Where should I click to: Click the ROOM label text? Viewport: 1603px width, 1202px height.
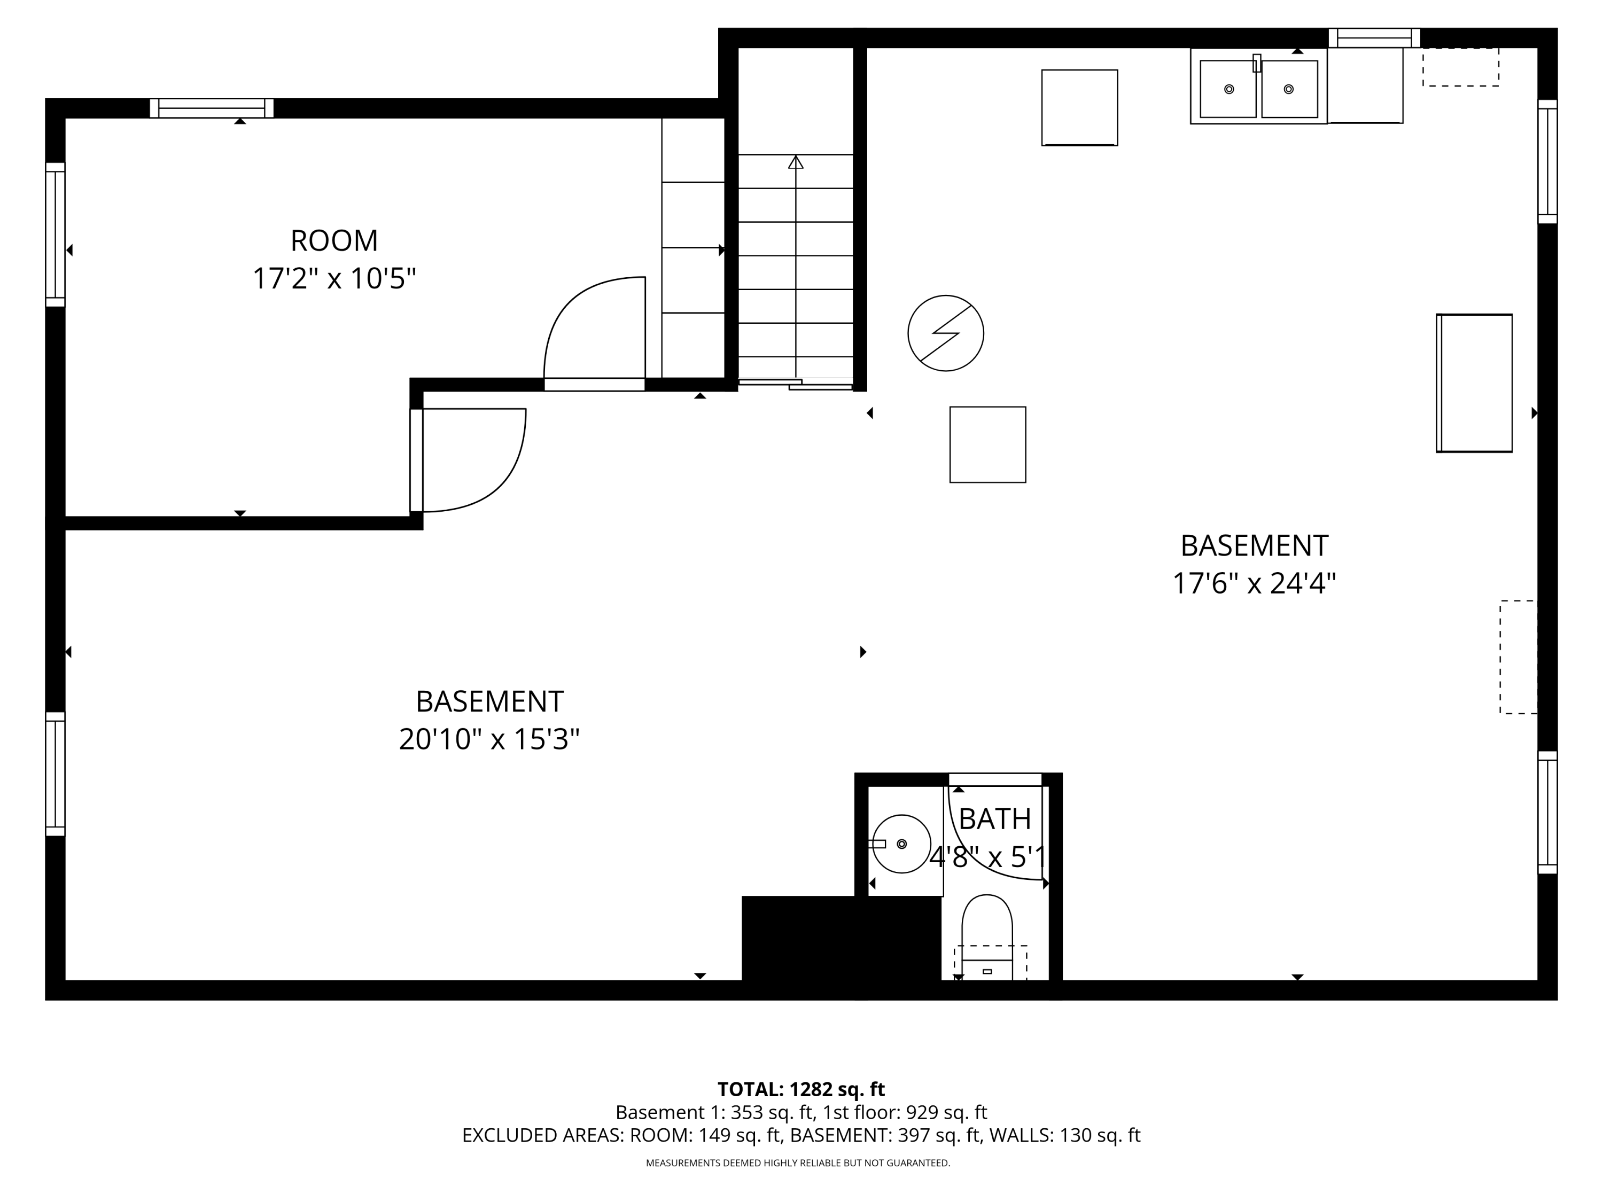334,240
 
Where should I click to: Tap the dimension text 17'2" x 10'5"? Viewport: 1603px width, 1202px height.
334,278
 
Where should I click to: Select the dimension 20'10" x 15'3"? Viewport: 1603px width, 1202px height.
489,739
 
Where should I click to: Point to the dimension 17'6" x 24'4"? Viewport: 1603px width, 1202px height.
1254,583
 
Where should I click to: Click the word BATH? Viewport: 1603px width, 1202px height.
994,819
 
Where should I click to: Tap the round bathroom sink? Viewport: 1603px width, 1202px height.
901,844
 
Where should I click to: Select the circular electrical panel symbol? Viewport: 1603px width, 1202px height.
946,333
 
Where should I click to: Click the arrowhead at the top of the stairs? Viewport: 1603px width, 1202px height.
796,162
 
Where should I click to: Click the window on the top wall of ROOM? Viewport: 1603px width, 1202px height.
212,108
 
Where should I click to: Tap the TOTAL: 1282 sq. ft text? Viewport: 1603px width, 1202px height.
801,1089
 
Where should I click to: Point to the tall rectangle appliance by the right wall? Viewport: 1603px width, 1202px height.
1474,383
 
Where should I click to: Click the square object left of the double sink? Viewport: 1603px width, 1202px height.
1079,107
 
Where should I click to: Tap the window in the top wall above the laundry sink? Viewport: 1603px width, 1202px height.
1373,38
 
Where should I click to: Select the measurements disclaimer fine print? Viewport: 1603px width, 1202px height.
798,1163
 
